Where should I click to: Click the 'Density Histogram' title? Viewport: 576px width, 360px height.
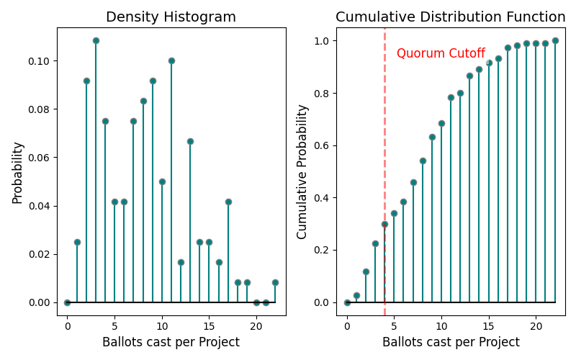pyautogui.click(x=171, y=17)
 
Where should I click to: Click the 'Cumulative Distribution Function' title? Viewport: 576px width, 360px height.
pyautogui.click(x=451, y=17)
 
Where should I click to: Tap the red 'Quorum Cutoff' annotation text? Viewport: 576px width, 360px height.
pyautogui.click(x=441, y=53)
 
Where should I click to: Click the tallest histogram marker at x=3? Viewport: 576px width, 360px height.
pyautogui.click(x=96, y=40)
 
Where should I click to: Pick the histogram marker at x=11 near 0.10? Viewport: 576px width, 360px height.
pyautogui.click(x=171, y=60)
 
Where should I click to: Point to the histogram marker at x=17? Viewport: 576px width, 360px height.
pyautogui.click(x=228, y=202)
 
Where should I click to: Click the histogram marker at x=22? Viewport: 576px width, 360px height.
pyautogui.click(x=275, y=282)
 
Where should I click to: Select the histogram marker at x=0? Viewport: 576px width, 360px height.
pyautogui.click(x=67, y=302)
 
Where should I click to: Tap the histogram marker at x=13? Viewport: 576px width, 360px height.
pyautogui.click(x=190, y=141)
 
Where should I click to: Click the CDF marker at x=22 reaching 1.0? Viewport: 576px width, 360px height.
pyautogui.click(x=555, y=40)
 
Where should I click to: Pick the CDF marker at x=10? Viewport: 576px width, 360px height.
pyautogui.click(x=441, y=123)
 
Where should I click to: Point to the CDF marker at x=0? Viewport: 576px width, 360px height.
pyautogui.click(x=347, y=302)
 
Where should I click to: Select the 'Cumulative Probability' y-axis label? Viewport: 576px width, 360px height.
pyautogui.click(x=302, y=172)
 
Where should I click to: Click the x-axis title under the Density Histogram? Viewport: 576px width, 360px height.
pyautogui.click(x=171, y=342)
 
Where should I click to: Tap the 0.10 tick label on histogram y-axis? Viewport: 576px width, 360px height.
pyautogui.click(x=40, y=61)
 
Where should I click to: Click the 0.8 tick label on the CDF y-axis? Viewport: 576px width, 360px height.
pyautogui.click(x=322, y=94)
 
